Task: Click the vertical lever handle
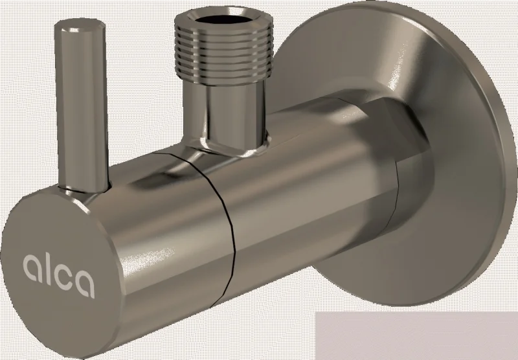point(82,106)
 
